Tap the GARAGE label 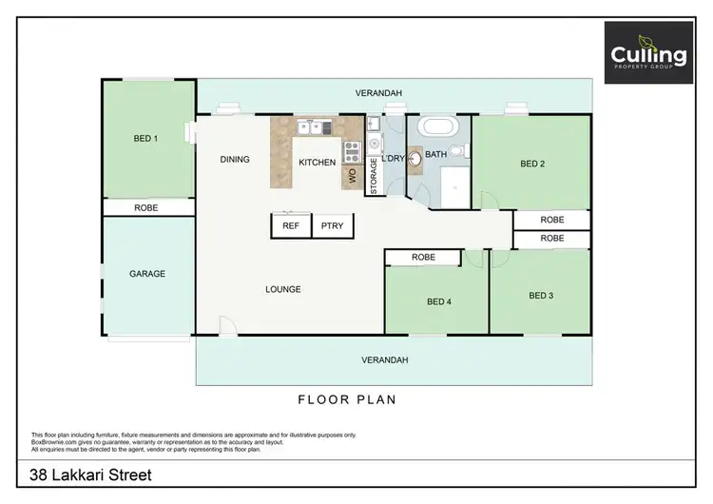(147, 274)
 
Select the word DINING (235, 160)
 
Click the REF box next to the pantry (291, 225)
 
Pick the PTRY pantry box (333, 225)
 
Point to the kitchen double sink (313, 126)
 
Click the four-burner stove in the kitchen (352, 148)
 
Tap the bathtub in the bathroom (438, 127)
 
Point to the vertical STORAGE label (374, 176)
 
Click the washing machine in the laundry (374, 145)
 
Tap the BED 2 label (532, 164)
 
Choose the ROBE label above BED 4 (424, 258)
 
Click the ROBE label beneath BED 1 (145, 207)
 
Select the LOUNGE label (283, 289)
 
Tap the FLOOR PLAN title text (347, 400)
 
